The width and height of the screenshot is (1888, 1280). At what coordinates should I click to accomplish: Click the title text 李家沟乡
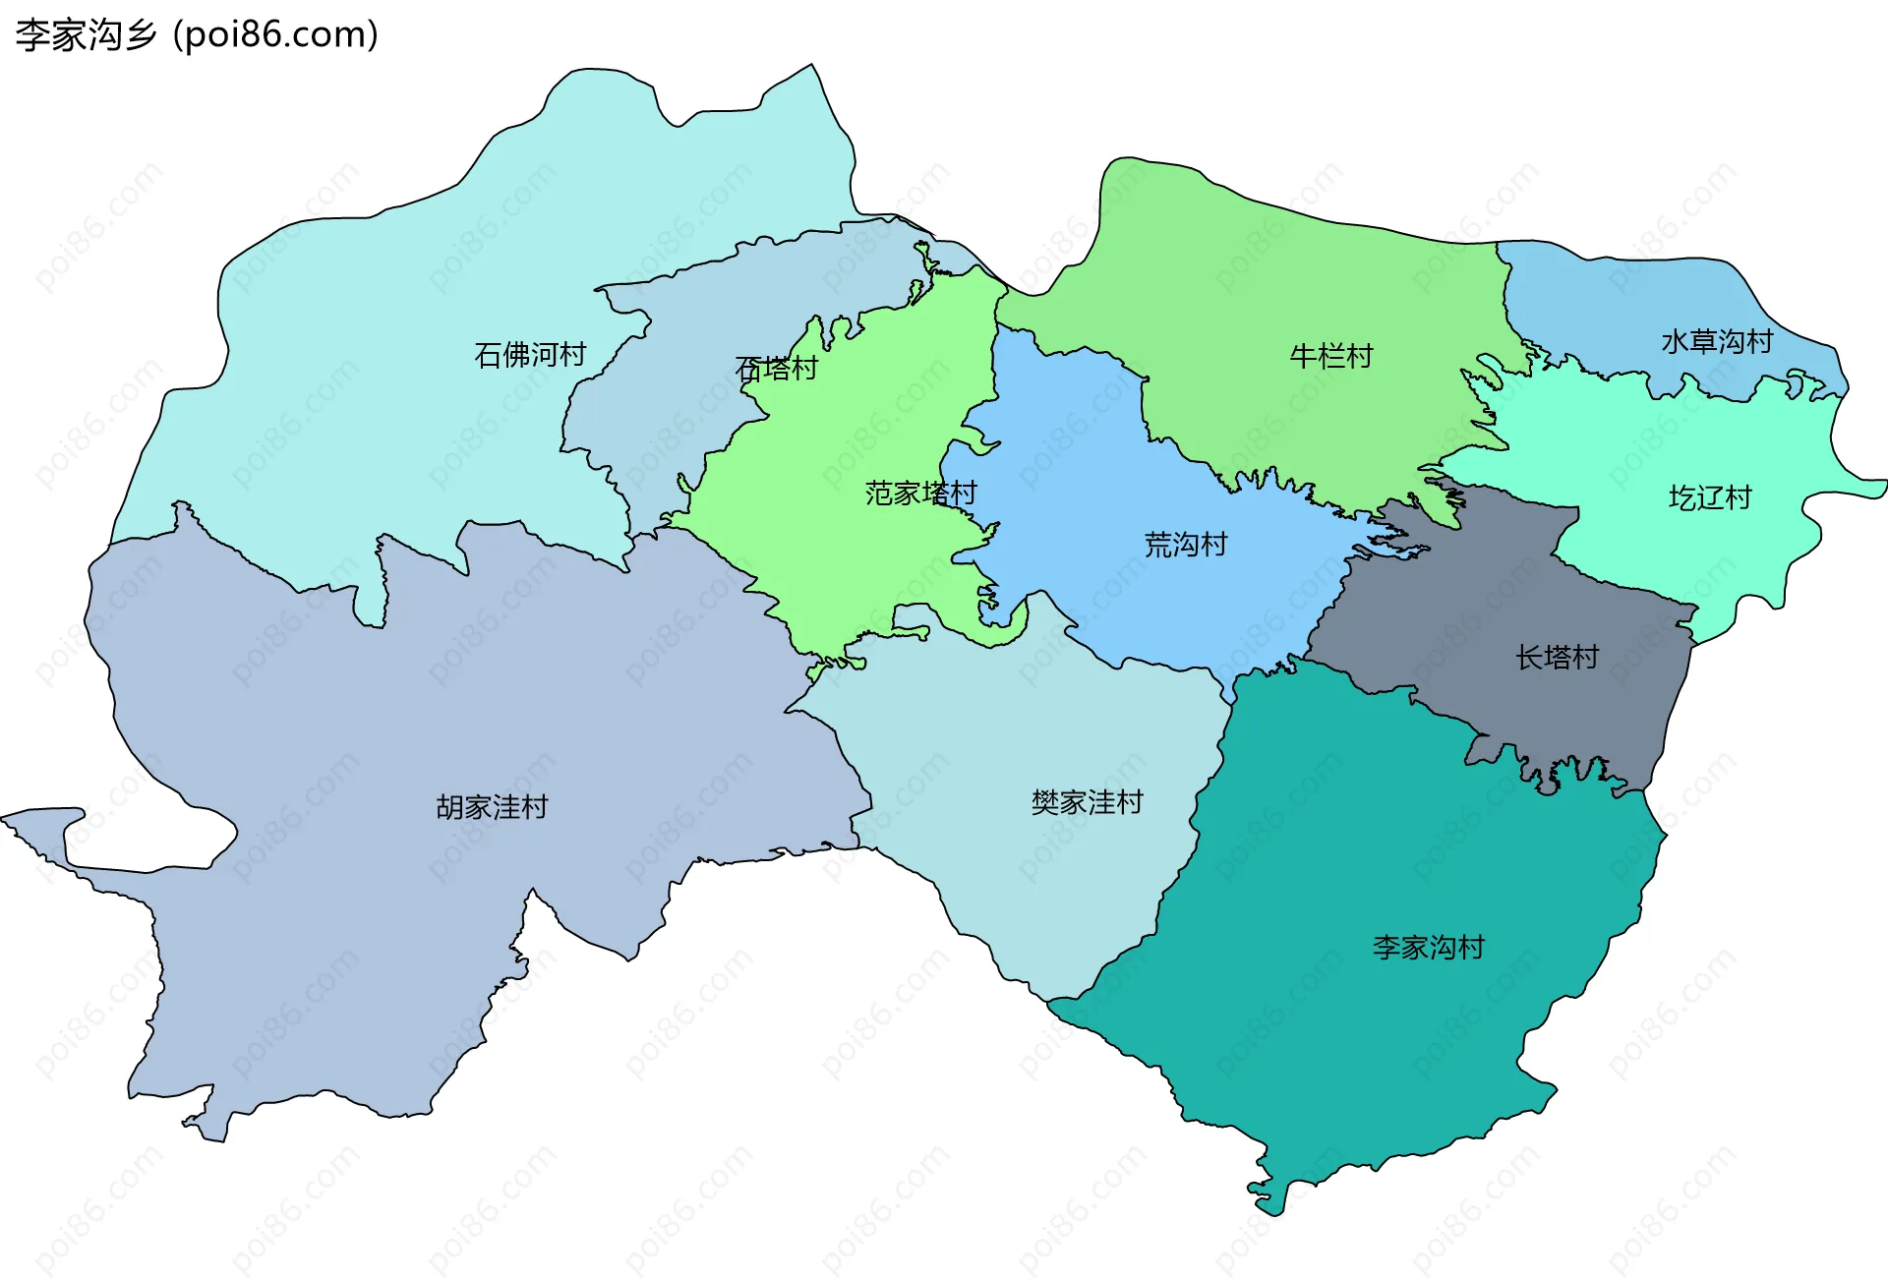(87, 35)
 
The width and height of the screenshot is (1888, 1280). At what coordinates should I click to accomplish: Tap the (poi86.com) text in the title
(275, 35)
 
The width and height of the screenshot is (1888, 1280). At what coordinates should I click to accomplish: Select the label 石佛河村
(530, 355)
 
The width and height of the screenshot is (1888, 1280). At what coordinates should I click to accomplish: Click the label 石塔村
(777, 369)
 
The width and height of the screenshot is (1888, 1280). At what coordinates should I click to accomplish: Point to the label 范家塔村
(920, 494)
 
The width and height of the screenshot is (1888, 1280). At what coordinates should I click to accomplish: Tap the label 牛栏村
(1330, 356)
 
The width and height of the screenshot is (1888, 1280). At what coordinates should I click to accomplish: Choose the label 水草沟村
(1717, 342)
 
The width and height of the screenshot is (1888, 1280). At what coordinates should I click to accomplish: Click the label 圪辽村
(1710, 498)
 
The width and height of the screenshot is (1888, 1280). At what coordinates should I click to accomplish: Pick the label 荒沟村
(1185, 545)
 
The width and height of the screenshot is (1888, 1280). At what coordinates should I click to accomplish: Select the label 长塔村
(1557, 658)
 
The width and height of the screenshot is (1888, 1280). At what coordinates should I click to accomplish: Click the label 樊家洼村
(1087, 803)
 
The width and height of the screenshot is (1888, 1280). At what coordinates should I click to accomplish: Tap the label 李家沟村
(1428, 948)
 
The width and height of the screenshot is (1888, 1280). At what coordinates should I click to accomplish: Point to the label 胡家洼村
(492, 808)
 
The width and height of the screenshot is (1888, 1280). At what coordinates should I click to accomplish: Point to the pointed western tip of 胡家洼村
(6, 817)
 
